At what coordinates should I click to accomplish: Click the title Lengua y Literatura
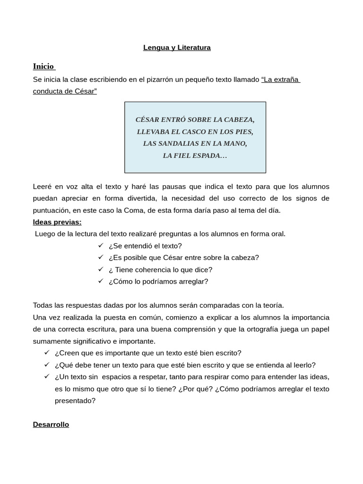pyautogui.click(x=177, y=48)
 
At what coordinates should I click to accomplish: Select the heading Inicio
pyautogui.click(x=43, y=66)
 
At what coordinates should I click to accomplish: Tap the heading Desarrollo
pyautogui.click(x=51, y=424)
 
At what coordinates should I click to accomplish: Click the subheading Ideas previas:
pyautogui.click(x=57, y=222)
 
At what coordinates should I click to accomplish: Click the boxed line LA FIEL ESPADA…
pyautogui.click(x=195, y=156)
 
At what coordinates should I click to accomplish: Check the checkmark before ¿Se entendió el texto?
pyautogui.click(x=101, y=245)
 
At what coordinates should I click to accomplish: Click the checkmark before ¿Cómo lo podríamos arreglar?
pyautogui.click(x=101, y=281)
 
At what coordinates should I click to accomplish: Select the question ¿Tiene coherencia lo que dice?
pyautogui.click(x=160, y=270)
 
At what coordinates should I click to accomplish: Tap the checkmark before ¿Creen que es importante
pyautogui.click(x=47, y=353)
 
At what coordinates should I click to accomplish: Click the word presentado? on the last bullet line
pyautogui.click(x=75, y=401)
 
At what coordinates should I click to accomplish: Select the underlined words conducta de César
pyautogui.click(x=65, y=91)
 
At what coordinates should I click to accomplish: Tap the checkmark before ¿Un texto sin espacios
pyautogui.click(x=47, y=377)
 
